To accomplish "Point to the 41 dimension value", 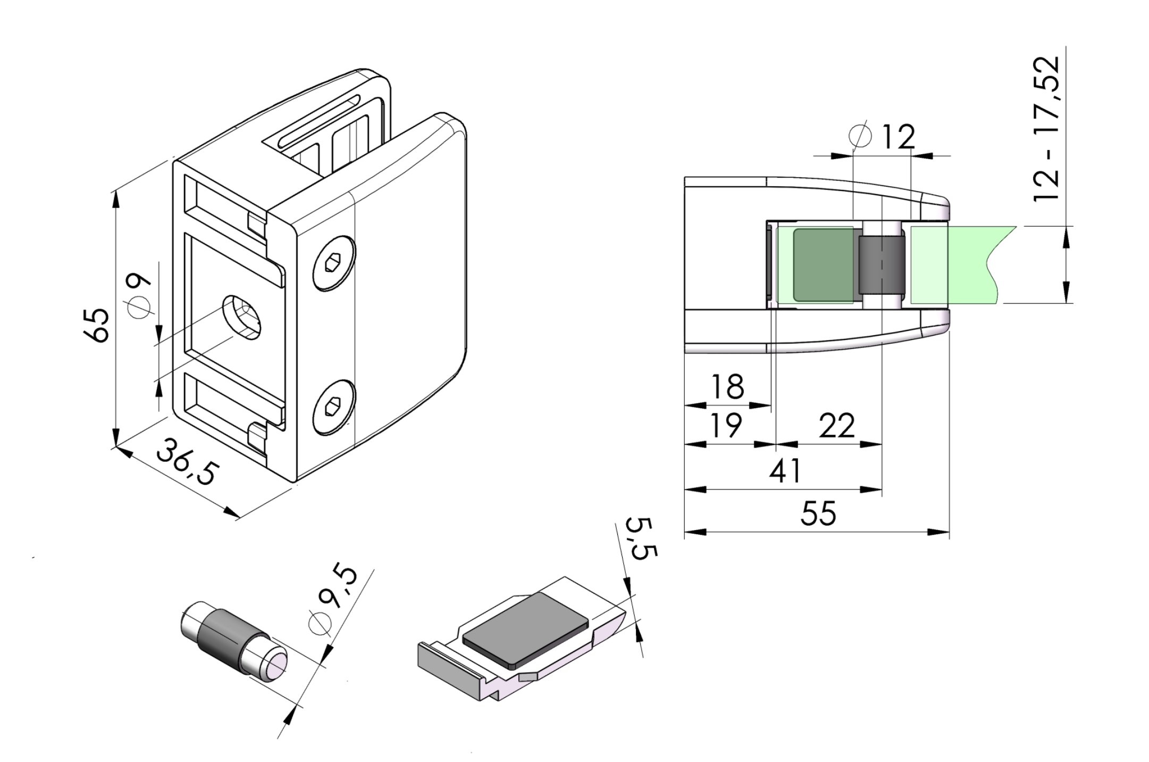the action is point(785,471).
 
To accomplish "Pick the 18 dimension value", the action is point(727,387).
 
